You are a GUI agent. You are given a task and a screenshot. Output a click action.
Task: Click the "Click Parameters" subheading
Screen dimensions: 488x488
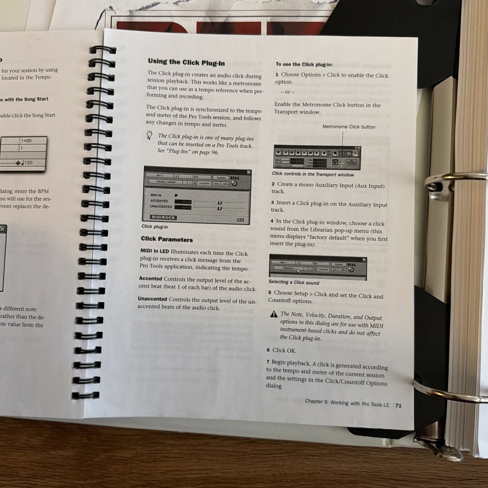pyautogui.click(x=166, y=239)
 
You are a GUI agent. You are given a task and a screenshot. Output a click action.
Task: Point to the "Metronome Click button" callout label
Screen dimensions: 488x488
pyautogui.click(x=348, y=127)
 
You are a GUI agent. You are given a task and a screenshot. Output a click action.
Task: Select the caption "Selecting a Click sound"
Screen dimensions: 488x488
pyautogui.click(x=293, y=282)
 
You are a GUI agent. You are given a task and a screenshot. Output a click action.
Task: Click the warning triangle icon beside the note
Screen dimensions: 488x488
pyautogui.click(x=274, y=314)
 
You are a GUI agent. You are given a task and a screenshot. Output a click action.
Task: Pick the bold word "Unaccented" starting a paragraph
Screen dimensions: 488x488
pyautogui.click(x=152, y=299)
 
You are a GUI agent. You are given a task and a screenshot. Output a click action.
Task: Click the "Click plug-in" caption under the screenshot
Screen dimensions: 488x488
pyautogui.click(x=154, y=226)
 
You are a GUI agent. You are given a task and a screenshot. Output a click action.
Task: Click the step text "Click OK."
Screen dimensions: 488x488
pyautogui.click(x=284, y=350)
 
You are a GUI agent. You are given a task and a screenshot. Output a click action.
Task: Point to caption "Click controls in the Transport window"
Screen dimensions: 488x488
pyautogui.click(x=313, y=174)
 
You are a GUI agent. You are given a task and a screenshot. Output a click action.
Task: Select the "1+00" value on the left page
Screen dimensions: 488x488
pyautogui.click(x=26, y=141)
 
